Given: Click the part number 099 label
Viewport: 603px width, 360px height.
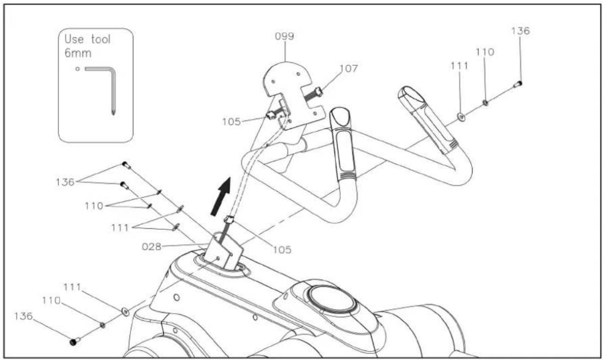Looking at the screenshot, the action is click(284, 36).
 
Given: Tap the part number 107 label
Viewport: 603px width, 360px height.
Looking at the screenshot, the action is click(348, 68).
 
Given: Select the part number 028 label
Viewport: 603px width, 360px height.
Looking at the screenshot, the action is click(152, 247).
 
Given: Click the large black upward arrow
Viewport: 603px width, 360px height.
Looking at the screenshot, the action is click(221, 196).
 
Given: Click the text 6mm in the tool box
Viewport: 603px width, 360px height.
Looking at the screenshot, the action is click(78, 53).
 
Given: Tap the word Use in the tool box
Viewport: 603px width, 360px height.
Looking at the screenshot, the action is click(74, 39).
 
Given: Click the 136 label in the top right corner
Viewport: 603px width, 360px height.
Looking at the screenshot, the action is click(520, 31).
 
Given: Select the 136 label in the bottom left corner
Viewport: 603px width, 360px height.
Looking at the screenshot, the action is click(23, 316).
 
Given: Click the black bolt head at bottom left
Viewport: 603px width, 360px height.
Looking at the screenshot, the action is click(74, 341).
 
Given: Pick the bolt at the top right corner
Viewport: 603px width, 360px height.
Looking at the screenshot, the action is click(518, 84).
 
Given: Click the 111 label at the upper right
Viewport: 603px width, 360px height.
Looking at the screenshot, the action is click(459, 66).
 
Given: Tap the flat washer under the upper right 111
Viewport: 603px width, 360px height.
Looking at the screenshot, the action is click(461, 116).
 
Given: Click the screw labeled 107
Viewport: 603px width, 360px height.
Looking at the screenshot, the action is click(313, 94).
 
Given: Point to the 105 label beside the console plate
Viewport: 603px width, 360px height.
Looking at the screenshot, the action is click(231, 121).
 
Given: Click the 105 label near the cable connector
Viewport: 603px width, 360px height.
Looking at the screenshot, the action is click(282, 250).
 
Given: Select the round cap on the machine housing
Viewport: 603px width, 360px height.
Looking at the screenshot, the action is click(332, 299).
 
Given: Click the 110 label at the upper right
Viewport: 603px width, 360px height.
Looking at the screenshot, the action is click(485, 52).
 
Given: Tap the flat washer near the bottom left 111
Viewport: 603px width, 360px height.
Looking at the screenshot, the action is click(125, 311).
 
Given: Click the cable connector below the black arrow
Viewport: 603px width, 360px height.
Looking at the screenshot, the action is click(228, 221).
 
